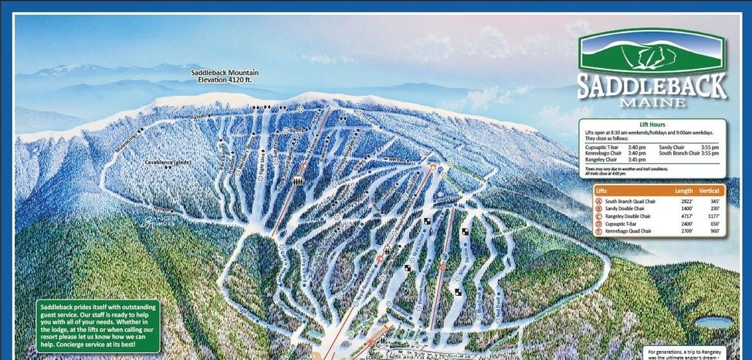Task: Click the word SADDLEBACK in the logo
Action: [x=652, y=84]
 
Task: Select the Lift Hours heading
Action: [x=652, y=124]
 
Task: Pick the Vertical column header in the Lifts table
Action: [x=710, y=191]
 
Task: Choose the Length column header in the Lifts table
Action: [x=683, y=191]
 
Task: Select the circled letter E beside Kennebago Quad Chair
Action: [x=599, y=231]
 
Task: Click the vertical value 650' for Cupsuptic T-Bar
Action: [x=713, y=224]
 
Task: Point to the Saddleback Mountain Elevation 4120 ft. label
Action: [x=225, y=76]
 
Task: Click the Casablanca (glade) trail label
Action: [x=168, y=163]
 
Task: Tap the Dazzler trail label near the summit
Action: [x=201, y=117]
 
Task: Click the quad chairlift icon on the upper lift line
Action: [x=297, y=180]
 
